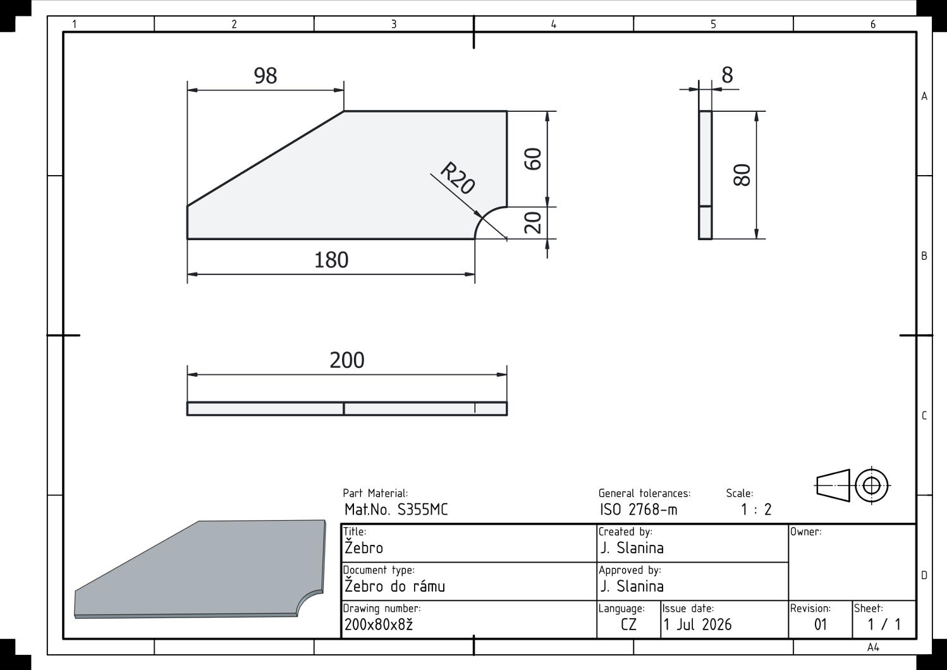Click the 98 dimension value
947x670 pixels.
(x=266, y=76)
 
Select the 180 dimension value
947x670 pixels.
(x=331, y=260)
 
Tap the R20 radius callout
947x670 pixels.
(x=458, y=178)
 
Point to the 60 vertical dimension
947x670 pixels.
(x=533, y=159)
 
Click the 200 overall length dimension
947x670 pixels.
(x=346, y=360)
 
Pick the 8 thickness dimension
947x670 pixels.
(x=727, y=75)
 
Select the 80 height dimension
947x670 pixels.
(x=742, y=175)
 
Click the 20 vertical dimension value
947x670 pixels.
(x=533, y=222)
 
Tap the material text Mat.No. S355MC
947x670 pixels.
(x=396, y=510)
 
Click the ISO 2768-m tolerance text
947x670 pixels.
(x=638, y=510)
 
